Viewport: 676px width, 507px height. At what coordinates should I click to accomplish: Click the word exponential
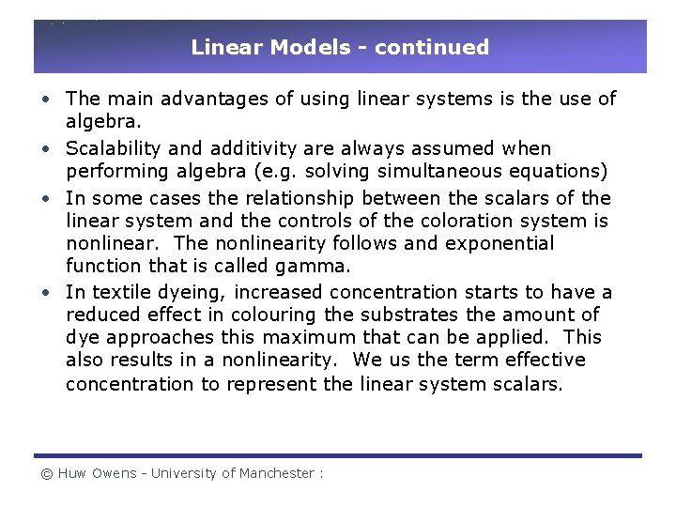[504, 243]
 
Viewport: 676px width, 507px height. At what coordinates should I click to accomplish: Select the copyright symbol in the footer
[46, 474]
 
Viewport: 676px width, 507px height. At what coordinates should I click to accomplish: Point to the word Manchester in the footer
[277, 474]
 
